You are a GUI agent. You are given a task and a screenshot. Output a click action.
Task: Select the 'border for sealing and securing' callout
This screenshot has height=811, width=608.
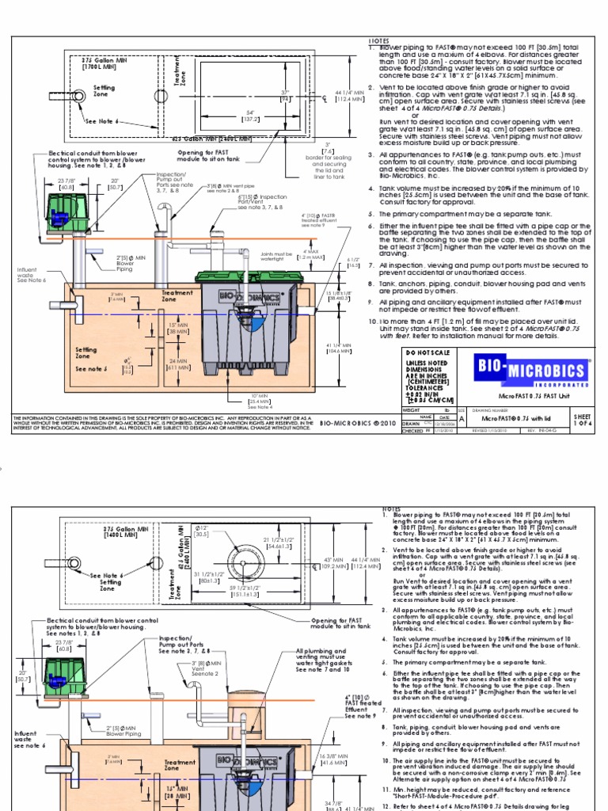click(x=328, y=165)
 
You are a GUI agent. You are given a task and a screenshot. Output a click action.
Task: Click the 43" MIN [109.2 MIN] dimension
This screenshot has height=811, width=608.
click(x=332, y=564)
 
